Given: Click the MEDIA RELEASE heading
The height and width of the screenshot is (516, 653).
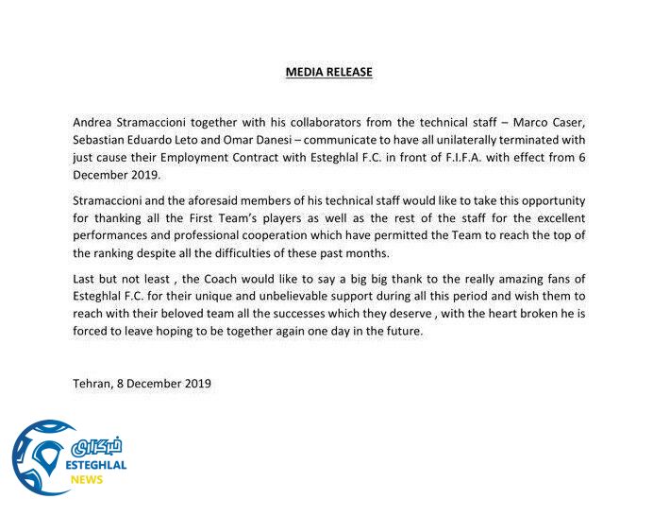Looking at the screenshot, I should click(x=328, y=71).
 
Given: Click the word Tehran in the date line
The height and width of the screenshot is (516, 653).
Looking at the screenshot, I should click(x=92, y=384).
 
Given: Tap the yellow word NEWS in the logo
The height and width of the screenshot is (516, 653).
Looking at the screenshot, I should click(x=87, y=480).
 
